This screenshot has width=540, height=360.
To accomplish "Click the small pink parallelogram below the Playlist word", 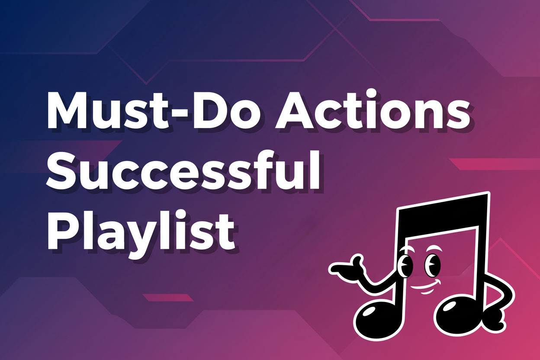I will [x=168, y=297].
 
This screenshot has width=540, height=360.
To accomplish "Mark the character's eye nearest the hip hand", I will [x=432, y=263].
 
